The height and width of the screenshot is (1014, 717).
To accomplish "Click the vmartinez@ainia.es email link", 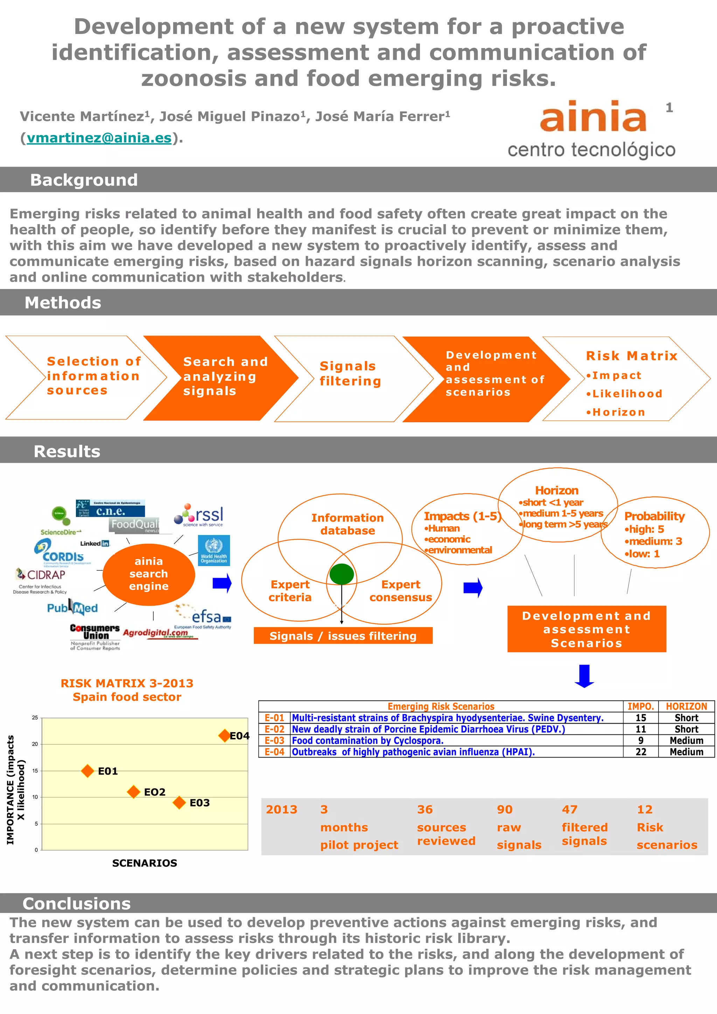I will [x=99, y=138].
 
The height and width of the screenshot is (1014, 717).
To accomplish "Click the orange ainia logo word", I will [x=593, y=116].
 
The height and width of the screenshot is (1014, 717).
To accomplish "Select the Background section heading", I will [x=84, y=180].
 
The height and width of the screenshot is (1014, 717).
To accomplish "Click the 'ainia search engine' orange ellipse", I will [x=149, y=574].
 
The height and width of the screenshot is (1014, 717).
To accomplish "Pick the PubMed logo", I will [x=72, y=608].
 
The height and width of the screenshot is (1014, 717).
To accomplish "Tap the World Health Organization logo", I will [x=214, y=550].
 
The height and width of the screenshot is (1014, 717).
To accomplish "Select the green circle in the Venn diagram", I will [x=341, y=574].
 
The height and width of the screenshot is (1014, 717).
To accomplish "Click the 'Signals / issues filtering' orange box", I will [x=343, y=636].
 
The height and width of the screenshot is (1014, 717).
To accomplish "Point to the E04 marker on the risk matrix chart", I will [x=224, y=736].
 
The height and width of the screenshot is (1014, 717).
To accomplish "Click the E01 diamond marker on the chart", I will [x=88, y=771].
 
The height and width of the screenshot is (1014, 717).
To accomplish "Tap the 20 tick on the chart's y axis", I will [x=35, y=744].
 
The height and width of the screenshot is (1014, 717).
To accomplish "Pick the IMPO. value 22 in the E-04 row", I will [x=641, y=752].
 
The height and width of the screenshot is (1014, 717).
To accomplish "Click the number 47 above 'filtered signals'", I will [x=570, y=810].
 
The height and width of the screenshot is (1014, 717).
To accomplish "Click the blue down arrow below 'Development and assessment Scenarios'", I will [x=584, y=676].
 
